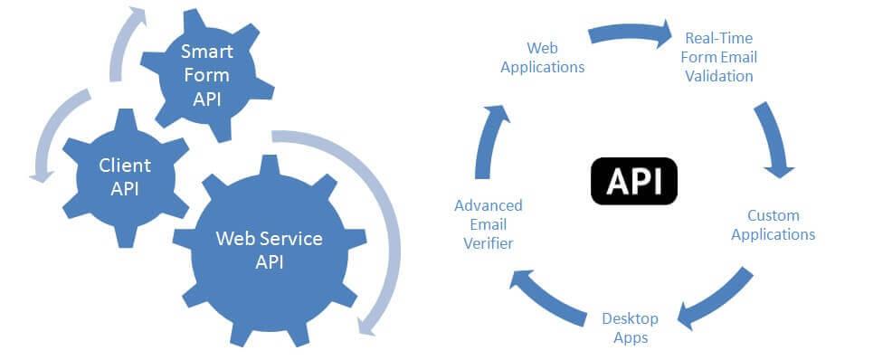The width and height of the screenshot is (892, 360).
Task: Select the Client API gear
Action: tap(125, 176)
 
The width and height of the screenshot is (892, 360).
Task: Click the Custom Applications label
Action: tap(773, 225)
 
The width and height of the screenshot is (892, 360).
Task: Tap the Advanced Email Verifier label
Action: tap(488, 224)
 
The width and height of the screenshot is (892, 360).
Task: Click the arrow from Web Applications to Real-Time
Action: tap(630, 34)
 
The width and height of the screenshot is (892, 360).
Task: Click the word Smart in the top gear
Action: tap(205, 52)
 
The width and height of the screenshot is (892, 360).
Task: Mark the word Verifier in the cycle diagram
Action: tap(489, 242)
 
